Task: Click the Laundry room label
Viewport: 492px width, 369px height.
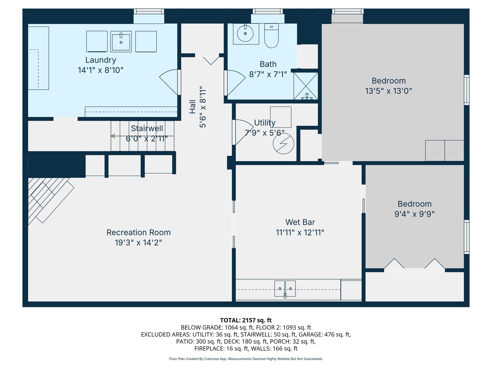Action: tap(100, 60)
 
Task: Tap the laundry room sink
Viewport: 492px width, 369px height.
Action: tap(121, 42)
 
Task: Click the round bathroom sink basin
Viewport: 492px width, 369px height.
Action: tap(245, 33)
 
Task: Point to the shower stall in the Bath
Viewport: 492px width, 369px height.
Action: tap(306, 86)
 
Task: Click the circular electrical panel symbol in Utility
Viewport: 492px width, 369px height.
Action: tap(284, 144)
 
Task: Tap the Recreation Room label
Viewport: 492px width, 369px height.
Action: tap(138, 232)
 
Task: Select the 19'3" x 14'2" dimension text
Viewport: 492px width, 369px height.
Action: tap(138, 243)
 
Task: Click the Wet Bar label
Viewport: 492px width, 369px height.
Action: tap(300, 222)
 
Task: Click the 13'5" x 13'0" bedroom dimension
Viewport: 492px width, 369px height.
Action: tap(388, 91)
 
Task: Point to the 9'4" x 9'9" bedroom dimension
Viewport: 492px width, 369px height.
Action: tap(414, 214)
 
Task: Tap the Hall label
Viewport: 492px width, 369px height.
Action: tap(193, 107)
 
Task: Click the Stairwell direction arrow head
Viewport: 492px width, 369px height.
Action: tap(113, 136)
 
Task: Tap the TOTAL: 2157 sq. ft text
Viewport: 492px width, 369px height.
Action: tap(246, 320)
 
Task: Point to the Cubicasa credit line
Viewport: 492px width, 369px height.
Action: tap(246, 359)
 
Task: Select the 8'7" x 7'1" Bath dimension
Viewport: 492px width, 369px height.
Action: tap(268, 74)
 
